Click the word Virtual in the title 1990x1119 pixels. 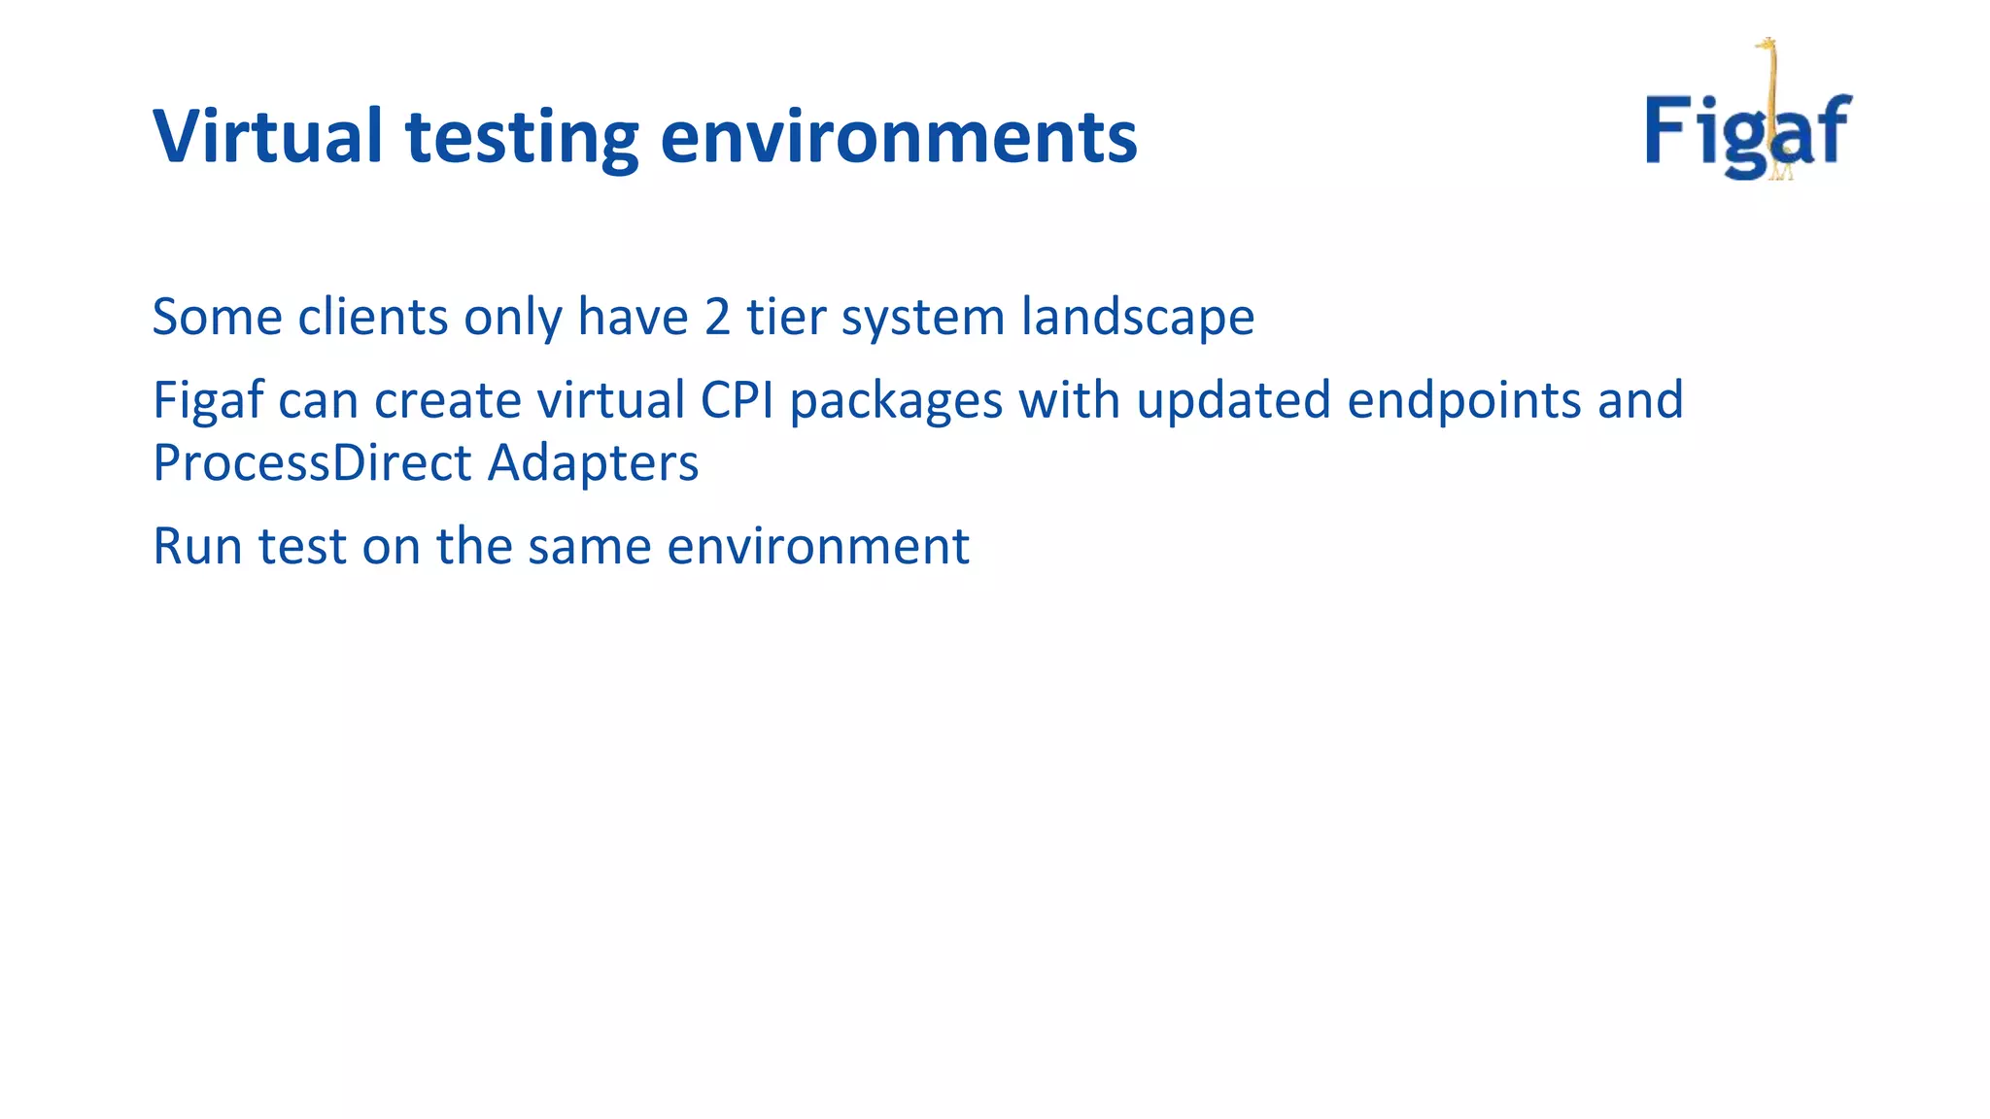point(267,136)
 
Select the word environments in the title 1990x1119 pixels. point(898,136)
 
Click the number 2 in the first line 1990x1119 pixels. point(717,318)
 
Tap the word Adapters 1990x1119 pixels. point(593,463)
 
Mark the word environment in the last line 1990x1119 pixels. point(817,546)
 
